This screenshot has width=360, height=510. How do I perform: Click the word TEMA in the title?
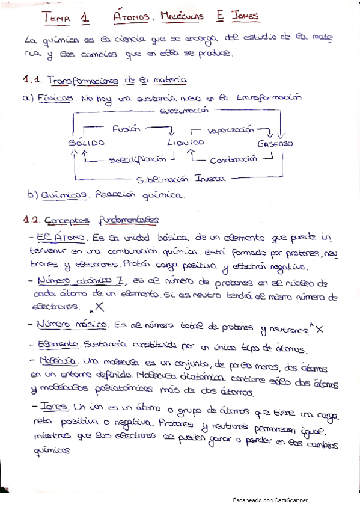pyautogui.click(x=58, y=18)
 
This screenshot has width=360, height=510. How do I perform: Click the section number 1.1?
pyautogui.click(x=31, y=80)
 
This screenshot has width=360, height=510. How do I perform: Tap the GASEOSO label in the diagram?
pyautogui.click(x=275, y=144)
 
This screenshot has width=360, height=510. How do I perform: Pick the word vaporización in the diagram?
pyautogui.click(x=230, y=129)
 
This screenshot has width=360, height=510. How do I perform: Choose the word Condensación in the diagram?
pyautogui.click(x=233, y=159)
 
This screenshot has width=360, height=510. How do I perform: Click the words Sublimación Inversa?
pyautogui.click(x=180, y=179)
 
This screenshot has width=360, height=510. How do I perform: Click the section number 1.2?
pyautogui.click(x=31, y=220)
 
